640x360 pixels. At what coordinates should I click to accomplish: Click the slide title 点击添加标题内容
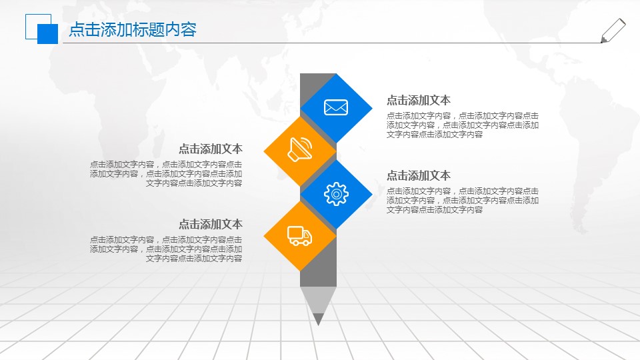coord(133,30)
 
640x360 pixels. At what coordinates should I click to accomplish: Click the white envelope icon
coord(336,107)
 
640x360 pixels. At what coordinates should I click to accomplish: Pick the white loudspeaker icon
coord(299,149)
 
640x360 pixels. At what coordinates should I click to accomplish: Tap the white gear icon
coord(336,193)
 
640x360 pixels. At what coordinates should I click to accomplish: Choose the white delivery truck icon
coord(299,235)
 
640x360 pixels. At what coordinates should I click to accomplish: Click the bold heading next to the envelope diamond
coord(419,100)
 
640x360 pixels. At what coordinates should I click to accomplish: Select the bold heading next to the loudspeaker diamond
coord(210,149)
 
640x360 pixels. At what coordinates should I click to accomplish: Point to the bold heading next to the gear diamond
coord(419,175)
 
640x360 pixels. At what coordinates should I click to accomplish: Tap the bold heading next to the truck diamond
coord(210,224)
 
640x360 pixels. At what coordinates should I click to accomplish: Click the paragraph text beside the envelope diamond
coord(462,125)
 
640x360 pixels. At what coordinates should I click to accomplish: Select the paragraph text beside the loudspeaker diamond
coord(166,173)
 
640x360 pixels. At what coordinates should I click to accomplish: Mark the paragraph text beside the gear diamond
coord(462,200)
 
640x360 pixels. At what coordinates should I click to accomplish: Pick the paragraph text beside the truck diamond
coord(166,249)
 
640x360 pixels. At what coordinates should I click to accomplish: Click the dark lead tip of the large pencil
coord(318,319)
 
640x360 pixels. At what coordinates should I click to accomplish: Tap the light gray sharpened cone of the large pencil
coord(318,299)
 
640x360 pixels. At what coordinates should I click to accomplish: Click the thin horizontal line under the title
coord(333,43)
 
